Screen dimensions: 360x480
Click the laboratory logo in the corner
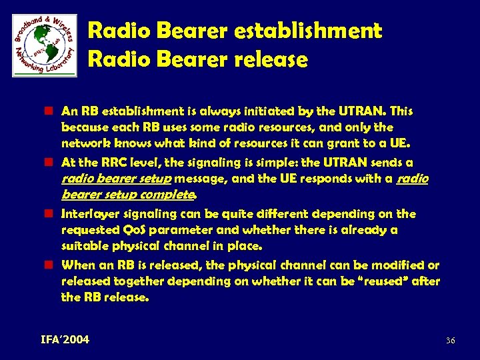pyautogui.click(x=45, y=45)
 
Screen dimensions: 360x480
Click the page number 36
pyautogui.click(x=450, y=341)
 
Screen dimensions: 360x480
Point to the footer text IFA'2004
pyautogui.click(x=64, y=340)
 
